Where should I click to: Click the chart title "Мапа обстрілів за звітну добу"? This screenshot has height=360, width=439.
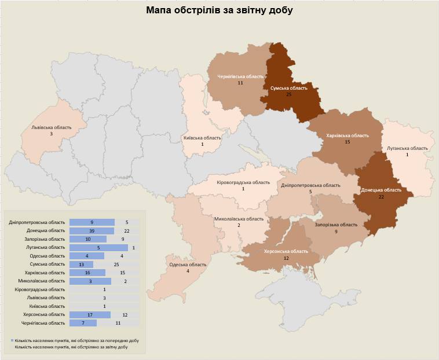219,10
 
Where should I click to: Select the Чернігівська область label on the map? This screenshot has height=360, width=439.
240,76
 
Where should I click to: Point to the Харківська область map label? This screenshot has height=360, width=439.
347,135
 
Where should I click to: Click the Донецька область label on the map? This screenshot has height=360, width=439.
381,190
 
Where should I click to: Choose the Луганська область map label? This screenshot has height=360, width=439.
407,148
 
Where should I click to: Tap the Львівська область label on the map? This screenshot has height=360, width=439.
51,128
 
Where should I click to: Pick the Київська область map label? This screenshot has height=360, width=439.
202,138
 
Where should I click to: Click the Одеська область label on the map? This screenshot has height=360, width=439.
188,265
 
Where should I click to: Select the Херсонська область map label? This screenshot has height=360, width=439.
286,252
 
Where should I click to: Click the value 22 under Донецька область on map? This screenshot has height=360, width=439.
381,197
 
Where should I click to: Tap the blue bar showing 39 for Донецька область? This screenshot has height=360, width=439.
92,231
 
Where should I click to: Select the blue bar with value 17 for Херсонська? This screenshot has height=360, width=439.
90,314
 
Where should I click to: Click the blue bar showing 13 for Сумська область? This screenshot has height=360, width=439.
81,264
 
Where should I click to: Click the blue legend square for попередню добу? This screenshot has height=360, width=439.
13,341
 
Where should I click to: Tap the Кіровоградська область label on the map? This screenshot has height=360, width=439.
243,182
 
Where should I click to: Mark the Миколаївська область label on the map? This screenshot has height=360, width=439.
239,219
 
